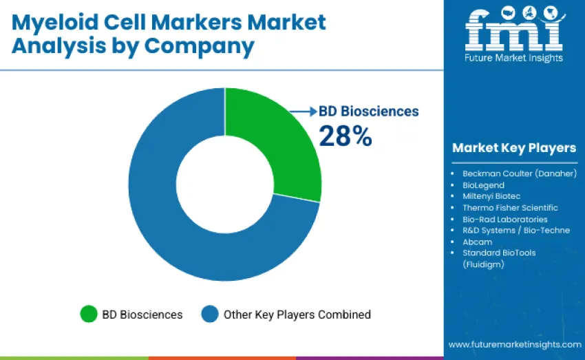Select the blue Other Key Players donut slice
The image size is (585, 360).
pyautogui.click(x=179, y=227)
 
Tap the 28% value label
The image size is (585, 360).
pyautogui.click(x=345, y=136)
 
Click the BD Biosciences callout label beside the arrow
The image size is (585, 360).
pyautogui.click(x=368, y=112)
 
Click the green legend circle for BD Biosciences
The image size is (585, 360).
pyautogui.click(x=89, y=315)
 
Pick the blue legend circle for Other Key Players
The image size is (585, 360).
pyautogui.click(x=210, y=315)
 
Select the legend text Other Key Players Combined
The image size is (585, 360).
pyautogui.click(x=297, y=315)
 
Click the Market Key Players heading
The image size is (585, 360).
pyautogui.click(x=514, y=148)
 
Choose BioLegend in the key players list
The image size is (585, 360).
pyautogui.click(x=483, y=185)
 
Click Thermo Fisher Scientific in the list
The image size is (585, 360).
pyautogui.click(x=510, y=207)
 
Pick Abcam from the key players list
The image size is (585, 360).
pyautogui.click(x=477, y=242)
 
